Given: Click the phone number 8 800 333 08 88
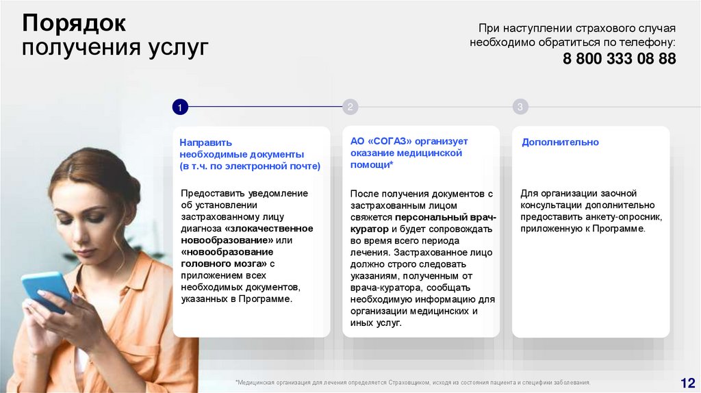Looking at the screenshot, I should click(619, 59).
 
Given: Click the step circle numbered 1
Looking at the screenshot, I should click(179, 107).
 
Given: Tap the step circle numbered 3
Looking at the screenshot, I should click(520, 107).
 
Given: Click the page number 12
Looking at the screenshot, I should click(687, 382).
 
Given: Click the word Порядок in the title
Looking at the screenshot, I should click(74, 23).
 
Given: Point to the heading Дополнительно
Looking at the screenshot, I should click(560, 142).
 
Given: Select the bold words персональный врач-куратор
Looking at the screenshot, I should click(423, 223).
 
